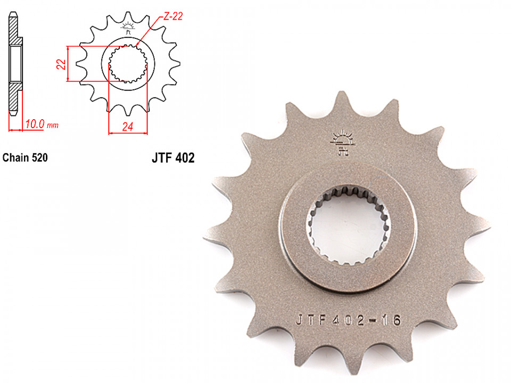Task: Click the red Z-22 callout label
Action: click(172, 16)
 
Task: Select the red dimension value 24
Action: click(128, 127)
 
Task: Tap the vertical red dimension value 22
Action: click(61, 64)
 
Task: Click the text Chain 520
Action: click(25, 157)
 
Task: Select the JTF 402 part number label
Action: click(173, 158)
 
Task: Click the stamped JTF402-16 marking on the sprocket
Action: click(348, 320)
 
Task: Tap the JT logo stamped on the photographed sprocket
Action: click(342, 143)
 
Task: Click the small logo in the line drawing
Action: click(128, 28)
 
